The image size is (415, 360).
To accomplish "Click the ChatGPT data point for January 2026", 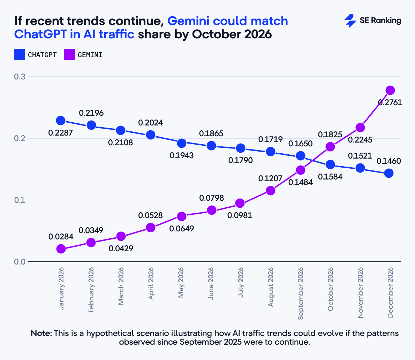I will coord(61,121).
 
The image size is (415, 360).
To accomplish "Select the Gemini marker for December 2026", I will coord(390,90).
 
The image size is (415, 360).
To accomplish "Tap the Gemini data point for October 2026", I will coord(330,147).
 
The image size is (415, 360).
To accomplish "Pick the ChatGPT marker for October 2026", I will coord(330,164).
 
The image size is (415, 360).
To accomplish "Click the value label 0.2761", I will coord(390,102).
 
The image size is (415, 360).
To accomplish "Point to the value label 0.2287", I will coord(61,133).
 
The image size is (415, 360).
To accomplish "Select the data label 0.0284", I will coord(61,237).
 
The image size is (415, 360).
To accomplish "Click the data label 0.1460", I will coord(389,161).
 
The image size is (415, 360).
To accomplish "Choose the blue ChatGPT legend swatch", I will coord(20,55).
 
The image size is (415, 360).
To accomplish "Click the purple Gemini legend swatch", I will coord(69,55).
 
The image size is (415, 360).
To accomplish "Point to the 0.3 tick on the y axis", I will coord(19,77).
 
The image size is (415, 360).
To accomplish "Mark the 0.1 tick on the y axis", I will coord(19,200).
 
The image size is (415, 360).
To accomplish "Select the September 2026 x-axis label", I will coord(301,293).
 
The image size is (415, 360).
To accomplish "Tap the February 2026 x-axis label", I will coord(91,290).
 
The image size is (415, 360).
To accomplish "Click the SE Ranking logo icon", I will coord(350,21).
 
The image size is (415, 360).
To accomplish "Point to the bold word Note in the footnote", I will coord(41,333).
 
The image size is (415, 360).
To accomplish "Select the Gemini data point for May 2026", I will coord(181,216).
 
